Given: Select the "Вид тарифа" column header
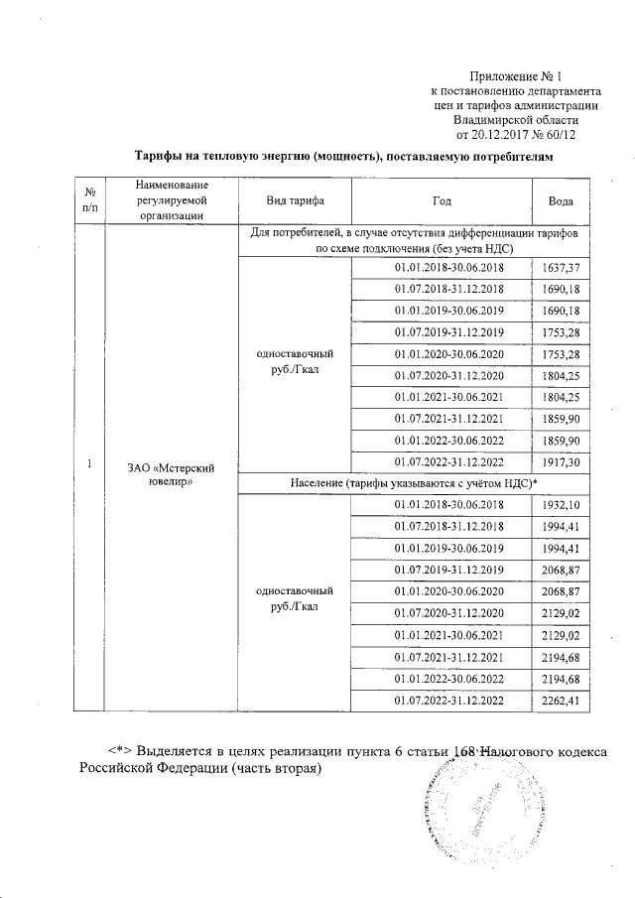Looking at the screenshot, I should point(295,200).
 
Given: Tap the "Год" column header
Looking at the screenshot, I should point(443,200).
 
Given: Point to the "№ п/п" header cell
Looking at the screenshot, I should point(90,200).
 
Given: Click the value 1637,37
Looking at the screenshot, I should point(561,268).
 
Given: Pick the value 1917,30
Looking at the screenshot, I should point(561,461).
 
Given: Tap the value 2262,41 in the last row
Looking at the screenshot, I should point(561,702).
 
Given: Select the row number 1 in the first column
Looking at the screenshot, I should point(90,464).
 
